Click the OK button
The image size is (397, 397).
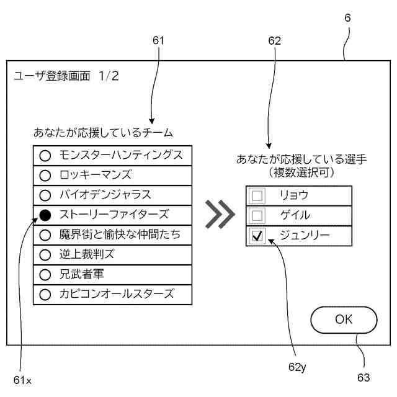click(344, 319)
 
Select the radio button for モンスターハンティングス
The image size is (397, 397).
click(45, 156)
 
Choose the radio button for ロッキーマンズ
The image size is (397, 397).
click(45, 176)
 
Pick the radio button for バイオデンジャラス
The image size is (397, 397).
click(45, 195)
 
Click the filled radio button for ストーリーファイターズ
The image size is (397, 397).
click(45, 215)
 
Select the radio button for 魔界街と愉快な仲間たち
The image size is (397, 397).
click(45, 235)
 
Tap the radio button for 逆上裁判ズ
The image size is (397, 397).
click(45, 254)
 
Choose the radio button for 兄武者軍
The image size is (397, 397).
click(45, 274)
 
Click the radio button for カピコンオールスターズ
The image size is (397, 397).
click(45, 294)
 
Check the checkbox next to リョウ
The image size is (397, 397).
click(257, 196)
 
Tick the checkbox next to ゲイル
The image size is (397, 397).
click(257, 216)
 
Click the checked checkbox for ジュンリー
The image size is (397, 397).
click(257, 236)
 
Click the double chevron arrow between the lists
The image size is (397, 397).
click(220, 215)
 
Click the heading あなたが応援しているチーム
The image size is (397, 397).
click(103, 133)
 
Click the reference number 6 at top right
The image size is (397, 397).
click(347, 18)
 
